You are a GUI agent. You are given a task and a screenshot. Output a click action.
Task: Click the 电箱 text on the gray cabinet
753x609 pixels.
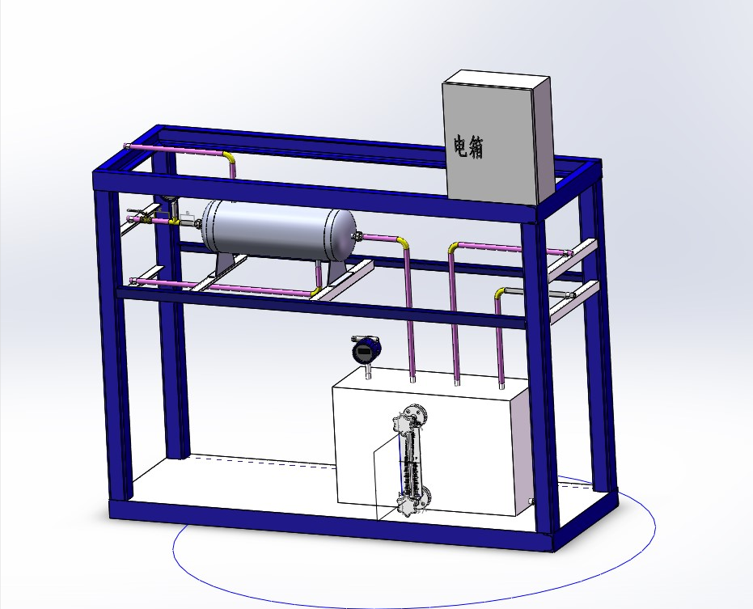[x=469, y=146]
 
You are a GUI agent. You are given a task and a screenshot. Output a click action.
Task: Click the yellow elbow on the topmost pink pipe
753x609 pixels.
[x=229, y=156]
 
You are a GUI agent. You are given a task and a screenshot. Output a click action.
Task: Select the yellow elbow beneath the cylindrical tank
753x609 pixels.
[x=315, y=291]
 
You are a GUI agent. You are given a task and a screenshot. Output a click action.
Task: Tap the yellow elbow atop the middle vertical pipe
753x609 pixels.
[x=453, y=247]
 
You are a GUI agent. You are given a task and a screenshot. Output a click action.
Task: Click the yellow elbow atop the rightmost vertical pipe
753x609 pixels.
[x=501, y=292]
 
